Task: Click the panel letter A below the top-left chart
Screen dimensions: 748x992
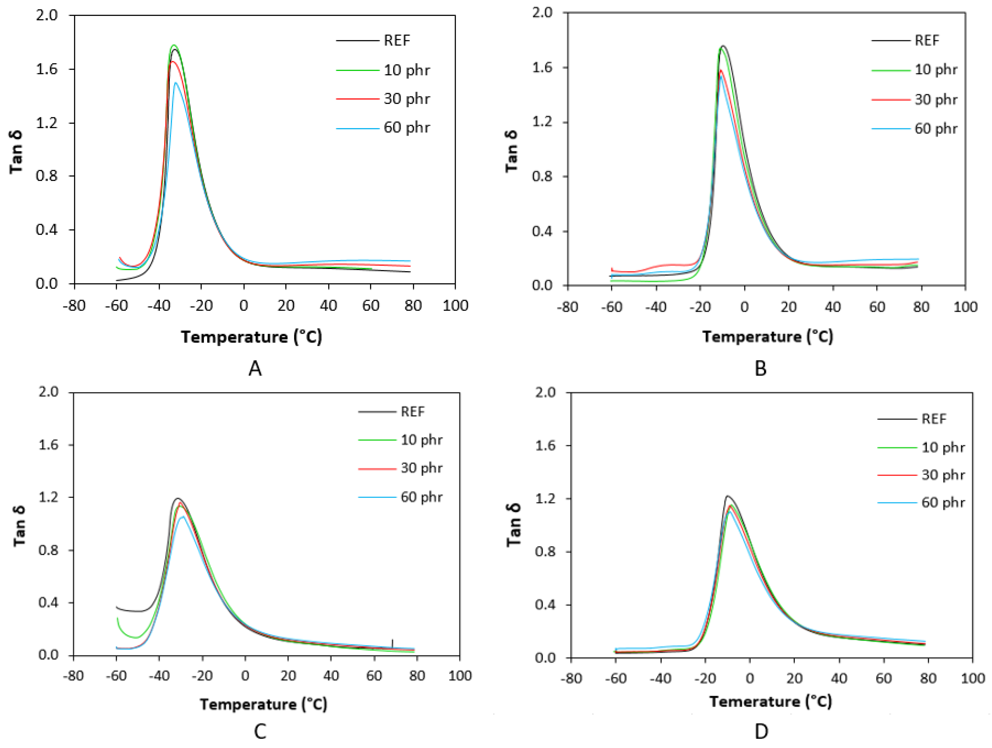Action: coord(255,369)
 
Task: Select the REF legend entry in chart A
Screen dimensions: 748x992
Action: coord(396,41)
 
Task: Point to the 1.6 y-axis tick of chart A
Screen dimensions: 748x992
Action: coord(47,69)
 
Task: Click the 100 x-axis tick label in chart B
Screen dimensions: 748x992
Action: coord(965,307)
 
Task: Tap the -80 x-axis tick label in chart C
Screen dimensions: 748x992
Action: coord(73,675)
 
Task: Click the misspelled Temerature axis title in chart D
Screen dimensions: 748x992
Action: coord(770,701)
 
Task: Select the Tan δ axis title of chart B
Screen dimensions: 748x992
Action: coord(511,151)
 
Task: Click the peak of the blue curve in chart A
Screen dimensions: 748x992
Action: coord(176,83)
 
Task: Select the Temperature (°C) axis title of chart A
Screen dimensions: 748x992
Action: coord(251,336)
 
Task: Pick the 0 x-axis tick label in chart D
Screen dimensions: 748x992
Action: coord(749,678)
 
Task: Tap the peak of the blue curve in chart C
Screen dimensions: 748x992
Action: coord(183,516)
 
